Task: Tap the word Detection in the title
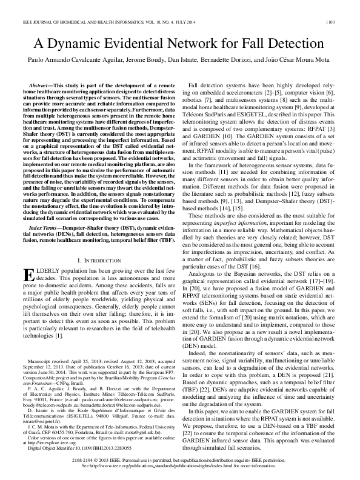(x=292, y=44)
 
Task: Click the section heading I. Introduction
(x=98, y=259)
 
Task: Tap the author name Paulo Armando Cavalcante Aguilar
(x=72, y=61)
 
